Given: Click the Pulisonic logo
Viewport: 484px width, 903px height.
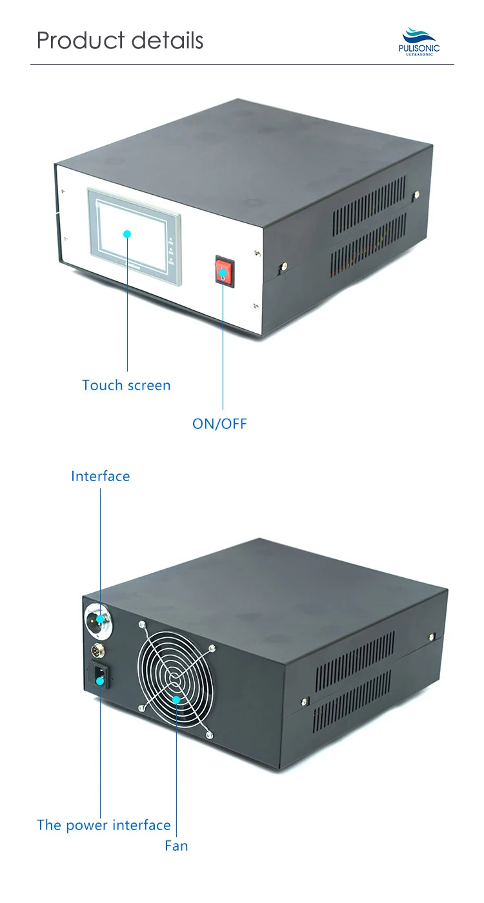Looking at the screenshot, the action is point(421,41).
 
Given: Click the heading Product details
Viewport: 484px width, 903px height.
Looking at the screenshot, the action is point(120,40).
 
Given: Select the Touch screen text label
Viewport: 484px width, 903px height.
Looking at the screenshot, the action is point(126,385).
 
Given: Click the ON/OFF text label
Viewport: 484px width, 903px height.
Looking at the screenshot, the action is point(219,424).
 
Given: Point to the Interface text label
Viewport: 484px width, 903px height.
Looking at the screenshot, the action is point(100,476).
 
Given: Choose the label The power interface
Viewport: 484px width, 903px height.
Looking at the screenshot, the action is point(104,825).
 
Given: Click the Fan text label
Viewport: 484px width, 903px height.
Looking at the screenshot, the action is point(176,845).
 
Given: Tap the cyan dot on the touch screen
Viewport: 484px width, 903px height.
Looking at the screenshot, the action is point(127,233).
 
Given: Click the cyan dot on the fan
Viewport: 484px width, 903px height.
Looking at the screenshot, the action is point(176,699).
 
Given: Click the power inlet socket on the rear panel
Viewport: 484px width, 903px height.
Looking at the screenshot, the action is point(99,678).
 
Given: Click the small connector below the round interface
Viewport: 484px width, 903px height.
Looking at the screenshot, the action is point(100,650).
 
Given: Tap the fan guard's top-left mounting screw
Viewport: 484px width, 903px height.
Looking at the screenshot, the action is point(140,624).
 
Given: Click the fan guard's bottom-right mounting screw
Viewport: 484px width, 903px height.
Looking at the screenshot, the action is point(208,735).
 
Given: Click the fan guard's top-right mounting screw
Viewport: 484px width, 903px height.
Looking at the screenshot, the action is point(213,647).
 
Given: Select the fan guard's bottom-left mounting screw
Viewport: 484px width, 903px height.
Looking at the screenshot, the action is point(141,709).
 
